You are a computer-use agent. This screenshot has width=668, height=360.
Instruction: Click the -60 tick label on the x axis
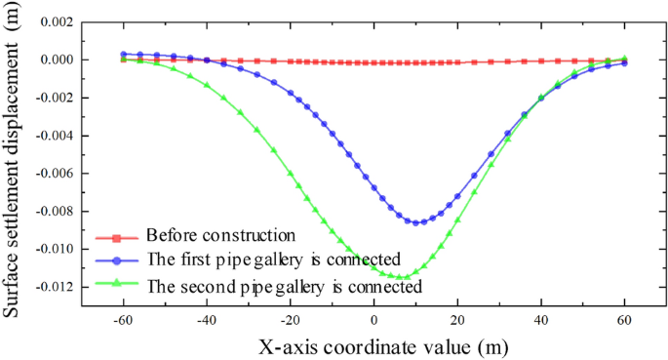123,320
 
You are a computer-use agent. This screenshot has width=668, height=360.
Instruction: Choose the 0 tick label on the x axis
373,320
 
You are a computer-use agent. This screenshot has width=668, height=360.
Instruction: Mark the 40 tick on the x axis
541,320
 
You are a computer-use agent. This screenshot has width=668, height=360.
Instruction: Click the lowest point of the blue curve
416,222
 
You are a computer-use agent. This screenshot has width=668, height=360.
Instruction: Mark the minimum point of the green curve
400,277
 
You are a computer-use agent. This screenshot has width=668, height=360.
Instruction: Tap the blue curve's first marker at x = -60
123,55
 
